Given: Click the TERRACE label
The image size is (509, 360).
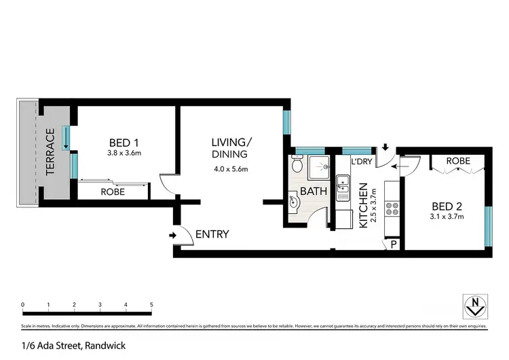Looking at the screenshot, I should (50, 153).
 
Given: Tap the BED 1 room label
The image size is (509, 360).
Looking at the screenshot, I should (124, 143).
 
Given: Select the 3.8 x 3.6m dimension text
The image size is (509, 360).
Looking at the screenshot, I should (124, 154).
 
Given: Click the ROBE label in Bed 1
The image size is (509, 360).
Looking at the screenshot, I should (113, 192).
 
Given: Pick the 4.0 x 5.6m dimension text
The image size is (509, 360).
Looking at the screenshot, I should (231, 168).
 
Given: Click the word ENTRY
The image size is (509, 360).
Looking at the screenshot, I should (212, 234).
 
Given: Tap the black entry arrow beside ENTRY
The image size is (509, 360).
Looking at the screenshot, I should (172, 236).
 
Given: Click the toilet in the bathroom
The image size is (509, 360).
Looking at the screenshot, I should (297, 164).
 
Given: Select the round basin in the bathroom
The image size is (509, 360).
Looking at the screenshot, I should (293, 202).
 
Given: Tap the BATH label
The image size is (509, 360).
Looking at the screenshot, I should (314, 192).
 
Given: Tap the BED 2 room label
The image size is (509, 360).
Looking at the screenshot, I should (447, 206).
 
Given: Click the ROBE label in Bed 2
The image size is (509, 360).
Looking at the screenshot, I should (459, 161).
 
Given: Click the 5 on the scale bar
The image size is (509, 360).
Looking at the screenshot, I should (151, 304).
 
